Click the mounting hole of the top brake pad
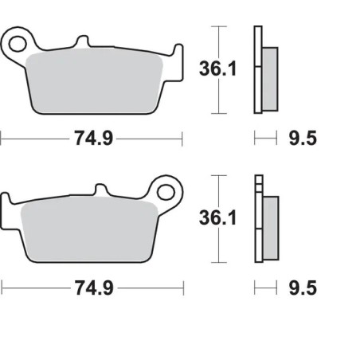[18, 39]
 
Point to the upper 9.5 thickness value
[301, 139]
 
